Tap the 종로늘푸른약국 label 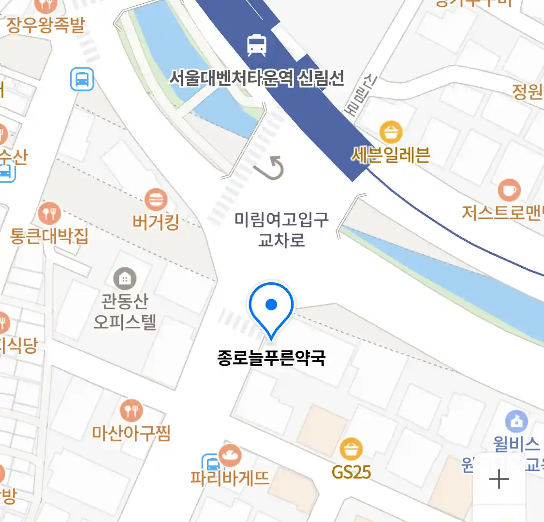(x=271, y=358)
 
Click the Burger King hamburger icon (x=156, y=200)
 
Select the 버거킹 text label (x=156, y=222)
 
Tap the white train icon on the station (x=257, y=45)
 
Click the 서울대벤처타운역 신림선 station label (x=257, y=78)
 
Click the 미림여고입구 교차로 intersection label (x=281, y=229)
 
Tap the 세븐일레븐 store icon (x=391, y=132)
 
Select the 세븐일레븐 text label (x=391, y=155)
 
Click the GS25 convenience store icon (x=352, y=449)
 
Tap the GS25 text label (x=352, y=472)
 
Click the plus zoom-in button (x=499, y=480)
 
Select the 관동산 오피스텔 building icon (x=125, y=278)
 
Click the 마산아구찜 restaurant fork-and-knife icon (x=131, y=411)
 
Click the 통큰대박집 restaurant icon (x=49, y=213)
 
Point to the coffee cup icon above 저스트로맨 (x=509, y=190)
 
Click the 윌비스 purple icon (x=516, y=422)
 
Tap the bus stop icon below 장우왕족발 (x=82, y=79)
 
